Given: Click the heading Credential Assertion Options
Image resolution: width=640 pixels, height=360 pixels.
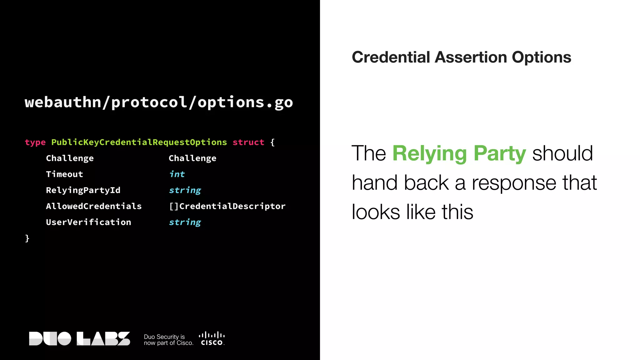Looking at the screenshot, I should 461,57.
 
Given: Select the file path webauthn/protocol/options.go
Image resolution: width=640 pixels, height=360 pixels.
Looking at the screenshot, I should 159,102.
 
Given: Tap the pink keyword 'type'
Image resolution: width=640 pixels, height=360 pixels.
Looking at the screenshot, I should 35,142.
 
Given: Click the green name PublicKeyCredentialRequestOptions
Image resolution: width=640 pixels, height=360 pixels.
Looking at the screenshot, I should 139,142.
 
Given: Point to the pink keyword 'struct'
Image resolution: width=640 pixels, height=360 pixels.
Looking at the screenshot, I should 248,142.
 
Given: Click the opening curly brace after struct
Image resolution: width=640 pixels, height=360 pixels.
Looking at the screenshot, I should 272,142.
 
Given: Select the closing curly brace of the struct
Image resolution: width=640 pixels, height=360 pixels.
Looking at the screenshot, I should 27,238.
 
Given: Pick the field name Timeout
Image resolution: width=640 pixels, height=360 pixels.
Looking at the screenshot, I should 64,174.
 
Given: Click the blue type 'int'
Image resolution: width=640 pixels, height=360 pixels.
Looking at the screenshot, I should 177,174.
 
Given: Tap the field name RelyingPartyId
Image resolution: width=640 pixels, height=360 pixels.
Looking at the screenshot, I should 83,190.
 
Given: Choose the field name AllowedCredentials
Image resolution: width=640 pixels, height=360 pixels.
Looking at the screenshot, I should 94,206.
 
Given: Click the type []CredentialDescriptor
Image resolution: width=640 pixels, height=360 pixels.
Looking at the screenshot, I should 227,206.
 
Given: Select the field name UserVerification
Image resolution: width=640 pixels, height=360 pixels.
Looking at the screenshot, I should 88,222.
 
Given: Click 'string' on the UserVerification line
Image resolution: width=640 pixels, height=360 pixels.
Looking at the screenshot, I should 185,222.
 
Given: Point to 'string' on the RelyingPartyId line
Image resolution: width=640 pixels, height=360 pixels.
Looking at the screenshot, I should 185,191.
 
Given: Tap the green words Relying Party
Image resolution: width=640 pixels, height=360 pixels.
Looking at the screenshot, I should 459,153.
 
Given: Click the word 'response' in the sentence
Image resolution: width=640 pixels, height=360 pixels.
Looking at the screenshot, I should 514,183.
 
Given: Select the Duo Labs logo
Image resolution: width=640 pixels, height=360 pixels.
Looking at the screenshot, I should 79,339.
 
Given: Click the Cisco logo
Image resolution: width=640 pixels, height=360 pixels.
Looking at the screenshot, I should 212,339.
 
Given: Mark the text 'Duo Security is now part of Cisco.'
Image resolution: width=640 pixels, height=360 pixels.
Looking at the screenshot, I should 168,340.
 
